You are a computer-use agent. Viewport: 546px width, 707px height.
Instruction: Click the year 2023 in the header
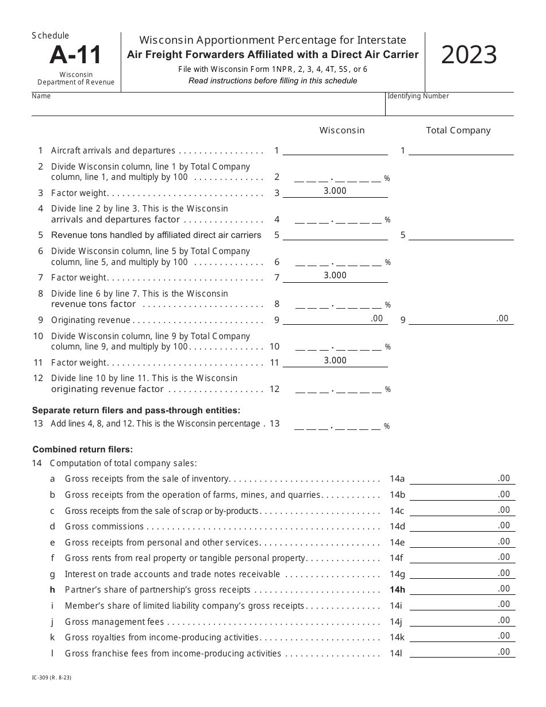[x=469, y=55]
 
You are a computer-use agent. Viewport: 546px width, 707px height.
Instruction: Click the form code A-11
[x=75, y=55]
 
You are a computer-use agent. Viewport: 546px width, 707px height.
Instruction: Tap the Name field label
[x=41, y=96]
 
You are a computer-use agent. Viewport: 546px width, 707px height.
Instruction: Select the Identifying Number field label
[x=418, y=96]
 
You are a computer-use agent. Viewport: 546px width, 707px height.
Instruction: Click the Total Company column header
[x=458, y=130]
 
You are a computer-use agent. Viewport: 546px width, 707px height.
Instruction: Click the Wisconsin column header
[x=342, y=130]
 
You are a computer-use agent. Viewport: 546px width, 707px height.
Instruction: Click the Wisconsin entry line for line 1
[x=335, y=150]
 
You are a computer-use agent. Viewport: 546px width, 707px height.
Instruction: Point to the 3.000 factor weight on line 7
[x=335, y=275]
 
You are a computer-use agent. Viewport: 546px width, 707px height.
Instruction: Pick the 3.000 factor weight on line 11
[x=335, y=360]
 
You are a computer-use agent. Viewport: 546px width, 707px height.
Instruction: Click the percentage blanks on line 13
[x=338, y=426]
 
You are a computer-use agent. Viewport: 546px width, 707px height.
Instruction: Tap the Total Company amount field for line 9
[x=461, y=319]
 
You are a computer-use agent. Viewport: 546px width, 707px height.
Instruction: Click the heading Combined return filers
[x=83, y=449]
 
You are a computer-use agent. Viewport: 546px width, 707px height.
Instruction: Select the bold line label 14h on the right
[x=397, y=590]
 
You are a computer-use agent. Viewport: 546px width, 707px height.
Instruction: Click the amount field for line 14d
[x=462, y=526]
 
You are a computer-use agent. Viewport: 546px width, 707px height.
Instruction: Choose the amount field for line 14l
[x=462, y=652]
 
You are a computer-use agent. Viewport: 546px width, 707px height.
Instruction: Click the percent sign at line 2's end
[x=387, y=179]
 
